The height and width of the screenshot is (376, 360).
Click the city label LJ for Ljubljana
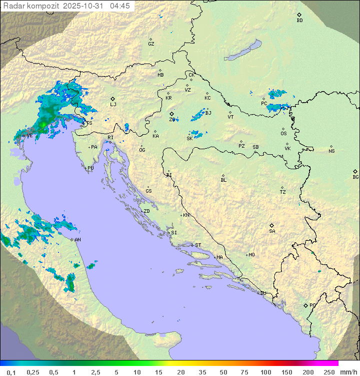(x=113, y=105)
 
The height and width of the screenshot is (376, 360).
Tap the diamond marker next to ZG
(x=171, y=114)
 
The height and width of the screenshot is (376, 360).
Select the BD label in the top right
(x=299, y=21)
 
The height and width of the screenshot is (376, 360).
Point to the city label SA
(x=272, y=231)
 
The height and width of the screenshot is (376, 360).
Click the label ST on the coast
(x=198, y=245)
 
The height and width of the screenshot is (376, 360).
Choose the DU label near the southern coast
(x=262, y=293)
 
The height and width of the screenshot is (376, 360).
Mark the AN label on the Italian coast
(x=77, y=240)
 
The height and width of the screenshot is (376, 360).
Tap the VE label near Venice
(x=29, y=136)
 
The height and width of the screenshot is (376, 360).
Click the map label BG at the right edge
(x=355, y=177)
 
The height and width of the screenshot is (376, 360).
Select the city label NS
(x=331, y=151)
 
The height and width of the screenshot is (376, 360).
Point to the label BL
(x=223, y=180)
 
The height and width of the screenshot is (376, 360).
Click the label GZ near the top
(x=151, y=44)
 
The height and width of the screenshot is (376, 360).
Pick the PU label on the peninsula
(x=90, y=169)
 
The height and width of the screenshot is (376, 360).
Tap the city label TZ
(x=283, y=192)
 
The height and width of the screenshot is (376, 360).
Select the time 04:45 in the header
(x=120, y=6)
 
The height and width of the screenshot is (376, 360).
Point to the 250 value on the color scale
(x=329, y=372)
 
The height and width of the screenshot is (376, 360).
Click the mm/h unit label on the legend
(x=348, y=372)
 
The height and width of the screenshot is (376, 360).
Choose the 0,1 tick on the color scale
(x=11, y=372)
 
